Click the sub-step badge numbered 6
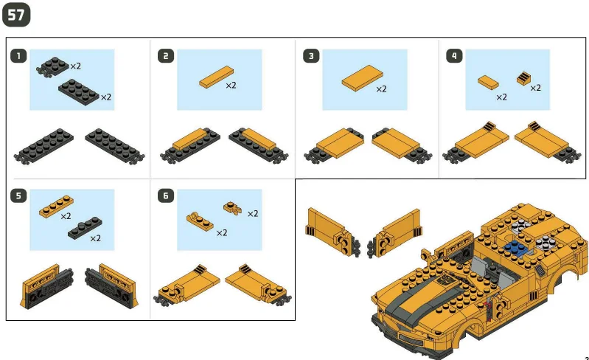coord(167,195)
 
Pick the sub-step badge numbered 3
coord(311,55)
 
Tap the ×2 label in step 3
coord(381,89)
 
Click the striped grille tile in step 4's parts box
coord(524,77)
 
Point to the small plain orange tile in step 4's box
coord(488,82)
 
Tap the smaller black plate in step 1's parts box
coord(54,66)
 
